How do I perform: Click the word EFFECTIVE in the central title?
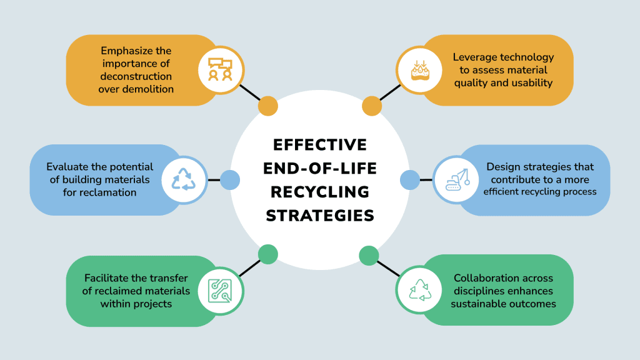click(320, 145)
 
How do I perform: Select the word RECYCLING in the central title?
click(320, 192)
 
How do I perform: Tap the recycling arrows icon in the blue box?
click(184, 180)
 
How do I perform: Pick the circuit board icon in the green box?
click(220, 291)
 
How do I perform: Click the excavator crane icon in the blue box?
click(456, 180)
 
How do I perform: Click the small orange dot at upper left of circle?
click(267, 106)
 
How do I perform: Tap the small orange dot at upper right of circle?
click(372, 106)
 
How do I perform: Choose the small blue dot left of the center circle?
click(230, 180)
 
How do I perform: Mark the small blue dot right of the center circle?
click(409, 180)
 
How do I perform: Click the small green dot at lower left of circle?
click(267, 254)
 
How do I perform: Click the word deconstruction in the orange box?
click(136, 76)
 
